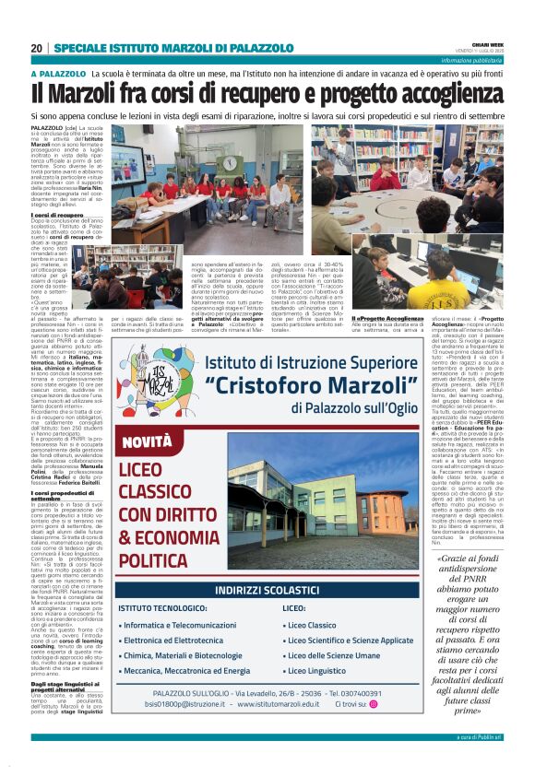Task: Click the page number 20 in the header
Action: [x=37, y=48]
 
